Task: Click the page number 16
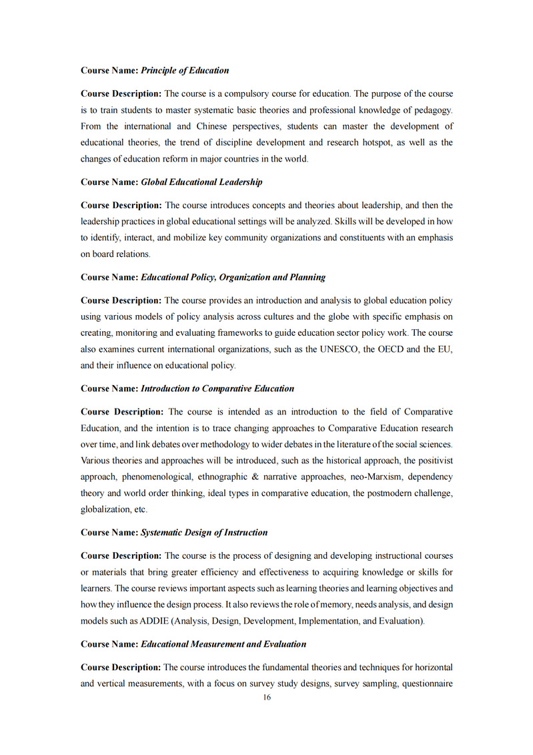pyautogui.click(x=267, y=698)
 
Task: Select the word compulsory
pyautogui.click(x=251, y=93)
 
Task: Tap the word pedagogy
pyautogui.click(x=434, y=109)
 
